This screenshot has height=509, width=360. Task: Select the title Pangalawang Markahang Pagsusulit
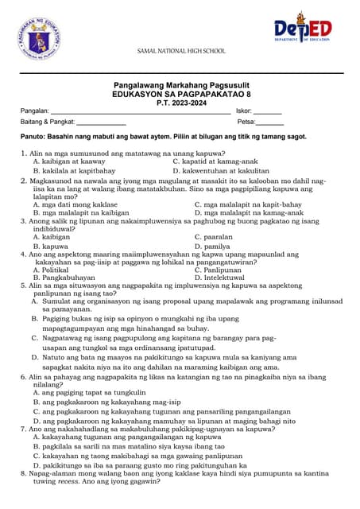180,85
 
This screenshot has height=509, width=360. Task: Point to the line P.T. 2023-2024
180,102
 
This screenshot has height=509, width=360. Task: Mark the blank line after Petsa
270,123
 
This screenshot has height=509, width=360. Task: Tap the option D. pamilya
211,247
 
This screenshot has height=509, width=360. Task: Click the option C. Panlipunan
219,270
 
